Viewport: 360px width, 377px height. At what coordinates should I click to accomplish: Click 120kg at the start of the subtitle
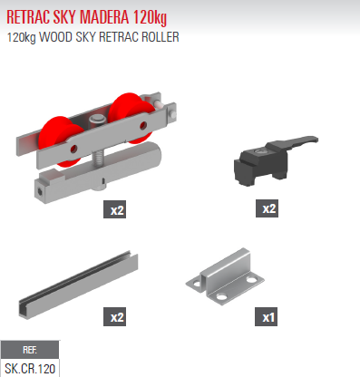[x=24, y=38]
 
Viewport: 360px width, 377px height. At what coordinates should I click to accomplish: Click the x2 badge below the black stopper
[x=269, y=209]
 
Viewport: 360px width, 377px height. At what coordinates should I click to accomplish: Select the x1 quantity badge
[x=269, y=318]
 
